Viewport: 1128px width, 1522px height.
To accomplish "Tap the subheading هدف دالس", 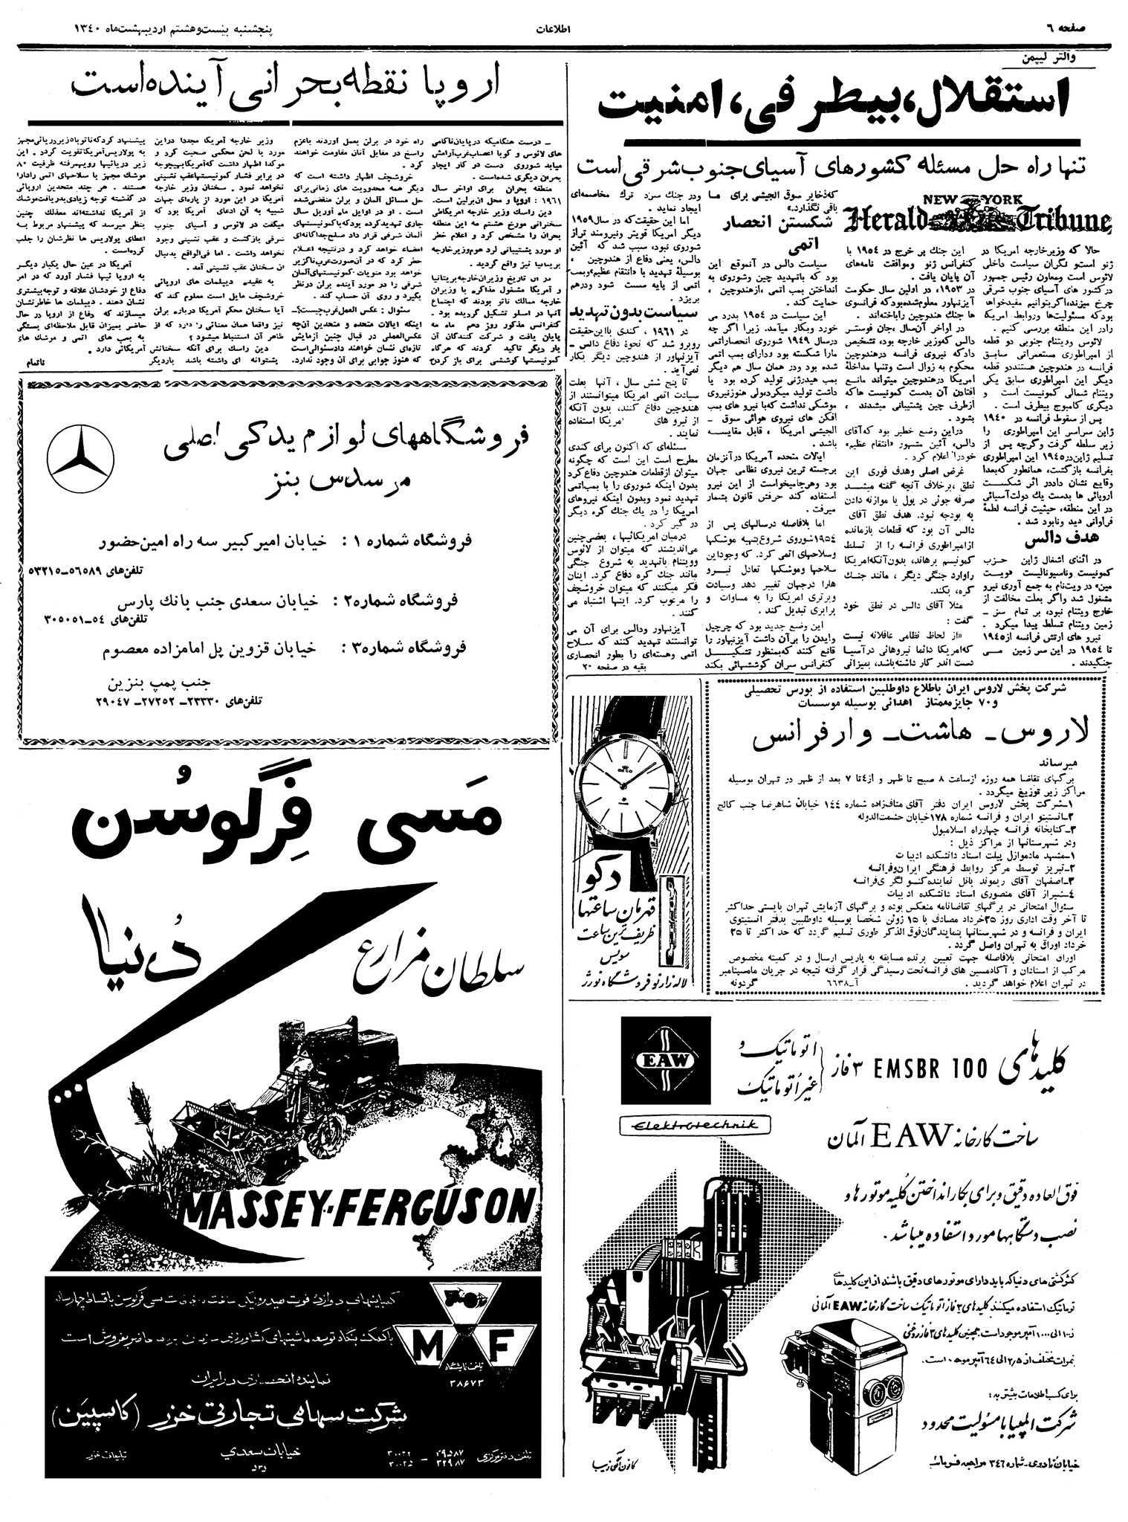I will coord(1053,538).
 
